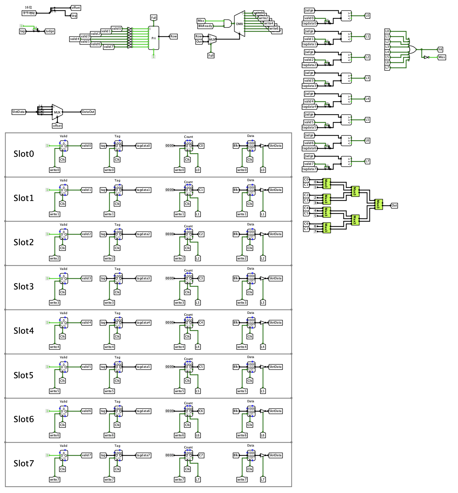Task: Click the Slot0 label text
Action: [23, 154]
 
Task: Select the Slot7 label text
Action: [23, 463]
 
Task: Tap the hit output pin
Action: [440, 49]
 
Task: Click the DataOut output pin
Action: [88, 112]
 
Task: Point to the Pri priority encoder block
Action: [154, 38]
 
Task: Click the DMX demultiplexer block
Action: [240, 23]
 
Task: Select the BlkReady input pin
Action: [205, 26]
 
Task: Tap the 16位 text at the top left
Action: [28, 7]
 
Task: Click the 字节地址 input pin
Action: [29, 13]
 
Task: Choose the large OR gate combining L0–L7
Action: [412, 49]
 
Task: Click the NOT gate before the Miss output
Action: [426, 57]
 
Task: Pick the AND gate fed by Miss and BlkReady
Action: [228, 23]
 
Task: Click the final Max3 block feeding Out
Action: [378, 204]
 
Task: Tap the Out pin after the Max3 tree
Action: [394, 206]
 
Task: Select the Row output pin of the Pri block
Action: [173, 36]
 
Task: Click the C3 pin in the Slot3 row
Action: [201, 278]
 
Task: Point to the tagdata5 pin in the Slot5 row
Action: [143, 367]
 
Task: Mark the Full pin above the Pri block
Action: [154, 18]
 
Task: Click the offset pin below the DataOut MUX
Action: [57, 126]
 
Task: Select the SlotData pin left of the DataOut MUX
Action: [19, 112]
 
